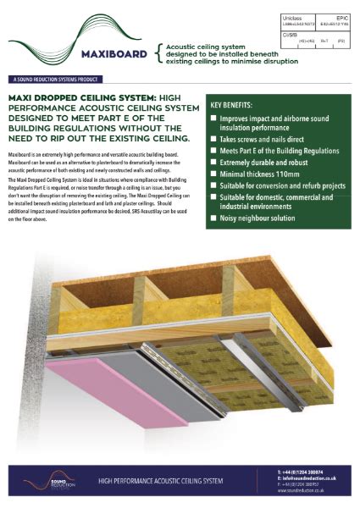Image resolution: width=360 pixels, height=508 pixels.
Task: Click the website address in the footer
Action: point(307,491)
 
